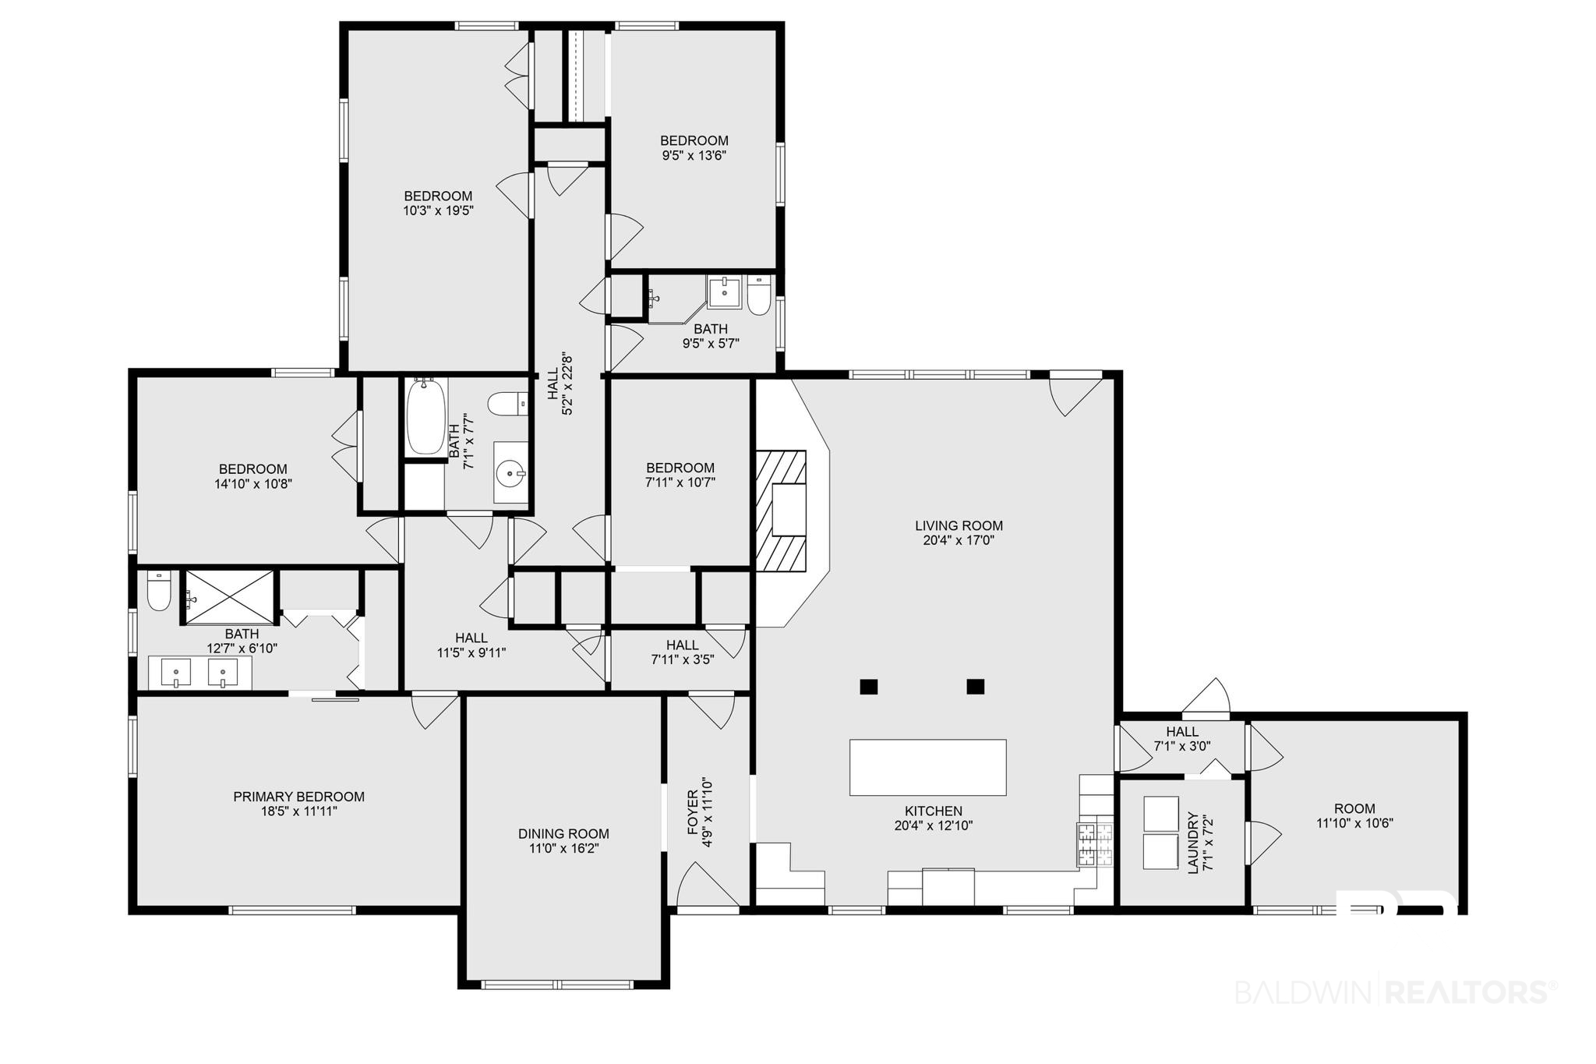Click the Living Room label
point(959,525)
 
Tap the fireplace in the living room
point(781,511)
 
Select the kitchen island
point(927,767)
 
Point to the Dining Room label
point(563,834)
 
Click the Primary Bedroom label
point(299,797)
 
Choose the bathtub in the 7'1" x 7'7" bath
point(425,415)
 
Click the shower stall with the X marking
point(229,598)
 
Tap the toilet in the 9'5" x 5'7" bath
point(758,295)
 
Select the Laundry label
point(1193,843)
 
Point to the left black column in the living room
point(869,687)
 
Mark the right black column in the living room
point(976,687)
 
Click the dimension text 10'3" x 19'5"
point(438,210)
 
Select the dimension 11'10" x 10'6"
point(1355,823)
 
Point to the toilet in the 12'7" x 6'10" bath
point(159,592)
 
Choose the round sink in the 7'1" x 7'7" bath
point(511,472)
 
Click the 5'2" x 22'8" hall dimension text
point(567,385)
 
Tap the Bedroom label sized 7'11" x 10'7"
point(680,468)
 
